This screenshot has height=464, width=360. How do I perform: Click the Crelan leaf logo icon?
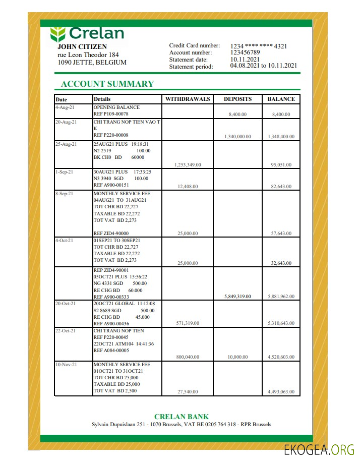(x=58, y=34)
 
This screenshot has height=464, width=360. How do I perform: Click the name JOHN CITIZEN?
(x=82, y=47)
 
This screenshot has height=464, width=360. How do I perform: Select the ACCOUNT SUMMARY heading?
(x=107, y=84)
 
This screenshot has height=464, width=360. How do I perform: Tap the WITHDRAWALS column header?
(x=188, y=99)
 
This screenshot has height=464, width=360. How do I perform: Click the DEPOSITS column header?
(x=237, y=99)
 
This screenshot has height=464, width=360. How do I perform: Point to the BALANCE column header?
(x=281, y=99)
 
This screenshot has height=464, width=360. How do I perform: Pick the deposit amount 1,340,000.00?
(x=237, y=137)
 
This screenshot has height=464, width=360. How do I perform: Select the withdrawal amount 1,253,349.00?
(x=188, y=165)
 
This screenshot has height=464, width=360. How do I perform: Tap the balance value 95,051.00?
(x=281, y=165)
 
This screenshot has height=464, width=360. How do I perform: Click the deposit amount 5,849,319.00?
(x=237, y=297)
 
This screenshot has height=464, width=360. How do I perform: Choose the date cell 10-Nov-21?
(x=66, y=364)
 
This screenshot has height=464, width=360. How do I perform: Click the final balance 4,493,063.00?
(x=281, y=392)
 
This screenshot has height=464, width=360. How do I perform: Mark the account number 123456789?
(x=245, y=52)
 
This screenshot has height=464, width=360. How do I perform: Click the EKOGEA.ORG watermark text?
(x=319, y=450)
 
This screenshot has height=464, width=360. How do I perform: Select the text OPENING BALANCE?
(x=116, y=107)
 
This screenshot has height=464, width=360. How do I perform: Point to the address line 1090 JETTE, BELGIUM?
(x=92, y=63)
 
